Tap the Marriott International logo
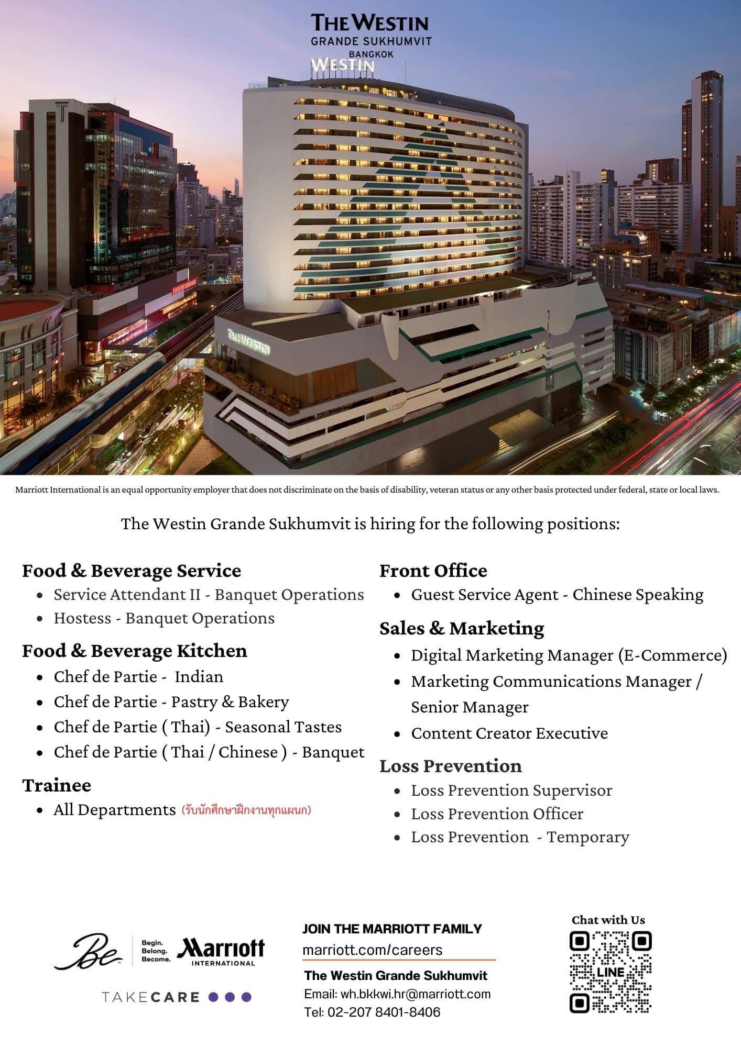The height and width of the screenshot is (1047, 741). point(221,951)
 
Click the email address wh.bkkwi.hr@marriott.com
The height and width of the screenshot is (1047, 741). point(397,994)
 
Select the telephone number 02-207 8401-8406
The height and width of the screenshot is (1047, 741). point(372,1012)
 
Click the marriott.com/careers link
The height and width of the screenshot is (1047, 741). point(373,950)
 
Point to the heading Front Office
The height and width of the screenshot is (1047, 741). point(433,571)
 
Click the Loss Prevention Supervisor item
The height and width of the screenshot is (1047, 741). point(511,790)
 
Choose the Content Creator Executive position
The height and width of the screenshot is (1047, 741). point(509,733)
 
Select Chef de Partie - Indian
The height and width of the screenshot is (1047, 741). point(138,677)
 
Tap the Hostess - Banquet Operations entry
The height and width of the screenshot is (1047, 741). point(164,618)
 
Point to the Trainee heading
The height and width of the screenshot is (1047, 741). point(57,785)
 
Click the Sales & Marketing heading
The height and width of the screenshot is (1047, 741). point(462,628)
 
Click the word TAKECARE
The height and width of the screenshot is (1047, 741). point(150,997)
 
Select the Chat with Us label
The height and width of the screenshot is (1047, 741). point(608,920)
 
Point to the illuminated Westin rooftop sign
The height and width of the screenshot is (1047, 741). point(343,65)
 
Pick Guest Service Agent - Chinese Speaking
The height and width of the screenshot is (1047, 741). point(557,595)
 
